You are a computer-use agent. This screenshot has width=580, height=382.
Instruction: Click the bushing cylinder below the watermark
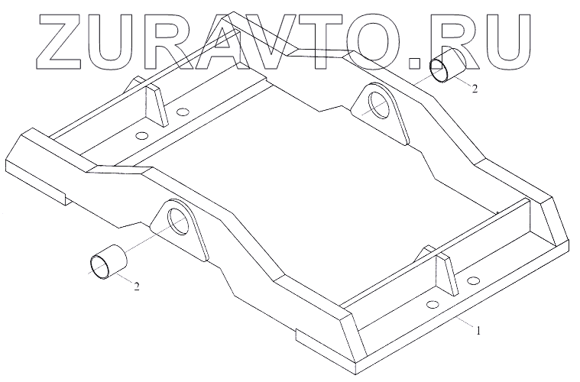[445, 66]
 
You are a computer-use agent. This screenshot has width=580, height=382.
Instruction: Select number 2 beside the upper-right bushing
[475, 89]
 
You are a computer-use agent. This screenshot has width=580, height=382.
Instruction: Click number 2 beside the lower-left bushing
[137, 286]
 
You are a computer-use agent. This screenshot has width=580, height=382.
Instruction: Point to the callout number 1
[478, 332]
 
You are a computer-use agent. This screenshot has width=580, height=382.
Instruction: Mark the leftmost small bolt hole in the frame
[141, 136]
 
